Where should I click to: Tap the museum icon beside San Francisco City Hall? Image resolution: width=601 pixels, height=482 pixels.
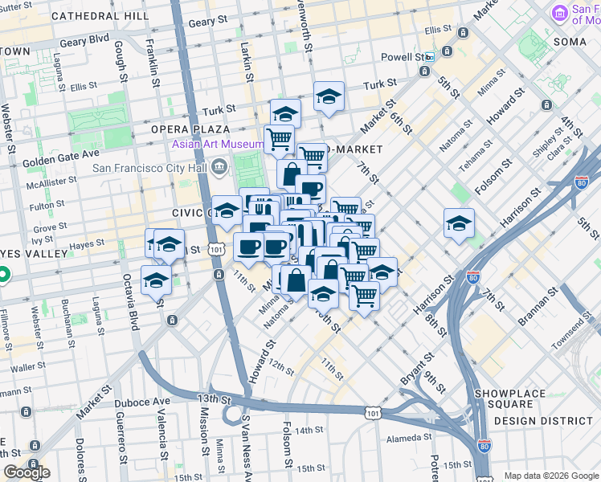click(x=219, y=169)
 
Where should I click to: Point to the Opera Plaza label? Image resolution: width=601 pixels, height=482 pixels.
click(x=190, y=129)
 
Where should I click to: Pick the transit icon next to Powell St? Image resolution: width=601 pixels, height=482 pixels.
click(x=431, y=58)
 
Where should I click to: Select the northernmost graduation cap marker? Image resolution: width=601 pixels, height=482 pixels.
click(x=329, y=96)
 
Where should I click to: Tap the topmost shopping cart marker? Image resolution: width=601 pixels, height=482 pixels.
click(x=279, y=138)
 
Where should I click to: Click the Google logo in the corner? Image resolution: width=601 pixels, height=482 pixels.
click(x=26, y=472)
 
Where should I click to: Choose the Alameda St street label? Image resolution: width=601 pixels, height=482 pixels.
click(x=409, y=438)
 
